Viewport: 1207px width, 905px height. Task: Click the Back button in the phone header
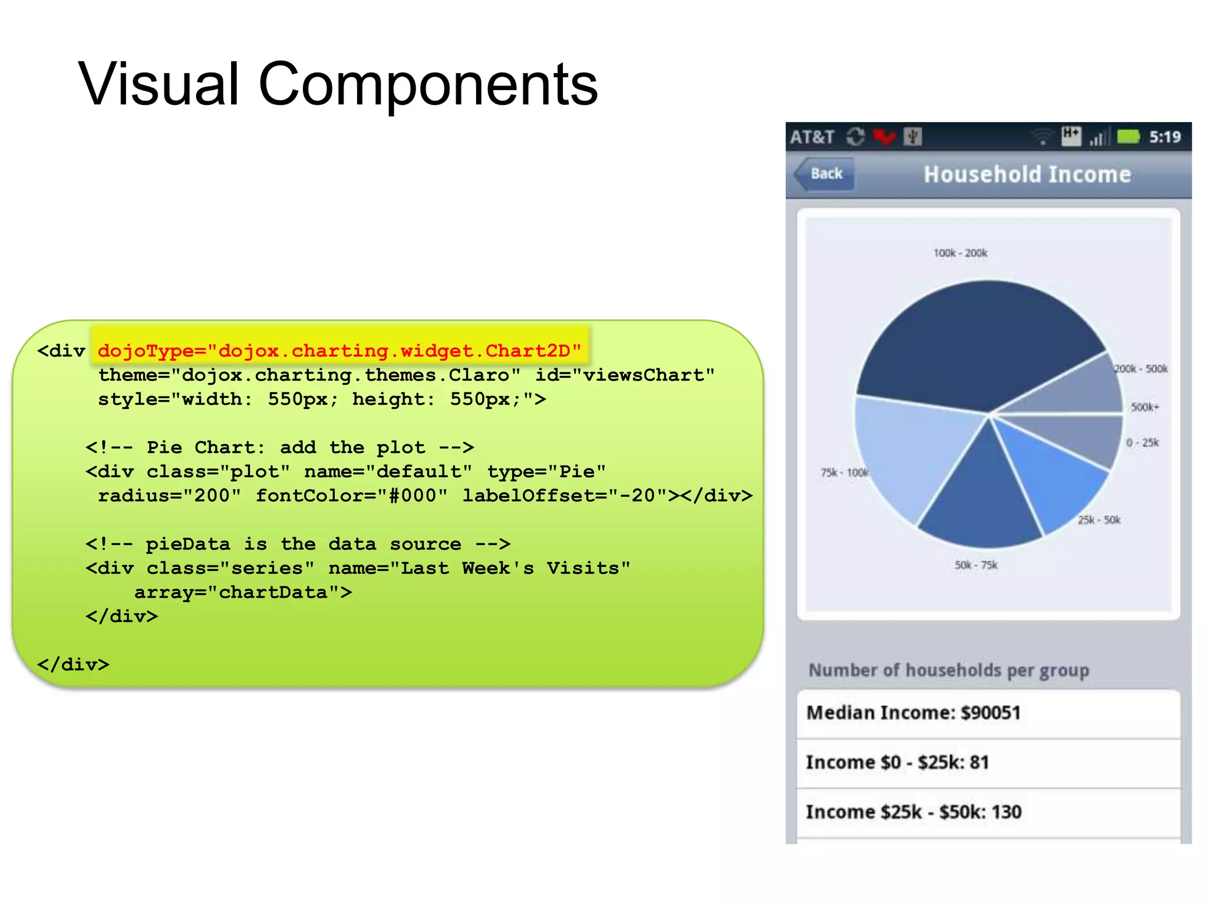point(825,174)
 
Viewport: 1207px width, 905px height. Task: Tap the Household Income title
point(1027,174)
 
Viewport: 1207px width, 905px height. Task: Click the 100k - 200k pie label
point(960,253)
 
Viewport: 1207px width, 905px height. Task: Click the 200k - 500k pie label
point(1140,369)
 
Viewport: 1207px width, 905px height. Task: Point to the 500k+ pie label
point(1145,407)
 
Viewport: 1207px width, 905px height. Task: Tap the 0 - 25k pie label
point(1142,442)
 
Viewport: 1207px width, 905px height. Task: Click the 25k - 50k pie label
point(1099,520)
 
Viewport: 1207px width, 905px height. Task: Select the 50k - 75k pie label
point(976,565)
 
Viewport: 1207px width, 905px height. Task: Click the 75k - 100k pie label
point(844,473)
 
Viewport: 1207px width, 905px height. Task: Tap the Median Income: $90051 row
point(988,713)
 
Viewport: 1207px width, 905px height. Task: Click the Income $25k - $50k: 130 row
point(988,812)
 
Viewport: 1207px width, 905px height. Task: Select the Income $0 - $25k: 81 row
point(988,762)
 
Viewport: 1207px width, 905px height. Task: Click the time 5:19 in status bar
point(1165,137)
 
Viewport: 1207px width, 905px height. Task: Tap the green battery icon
point(1129,137)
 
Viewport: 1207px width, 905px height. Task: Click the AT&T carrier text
point(812,137)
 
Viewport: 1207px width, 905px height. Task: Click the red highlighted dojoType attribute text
point(339,351)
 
